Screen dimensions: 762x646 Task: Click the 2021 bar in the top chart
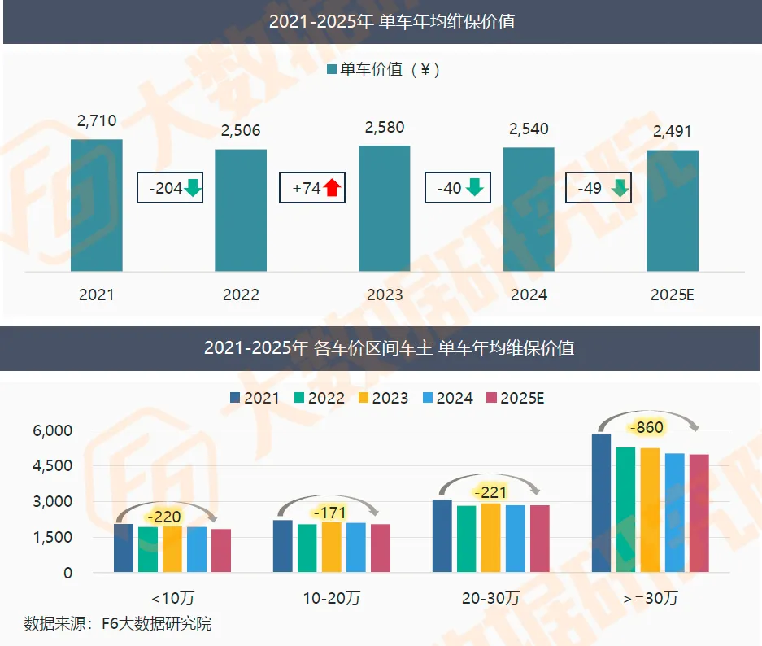tap(97, 205)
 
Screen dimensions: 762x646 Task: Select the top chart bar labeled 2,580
tap(385, 208)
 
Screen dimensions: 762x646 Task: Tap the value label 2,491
tap(672, 131)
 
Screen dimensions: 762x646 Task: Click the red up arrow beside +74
tap(333, 187)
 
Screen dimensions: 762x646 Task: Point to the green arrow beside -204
tap(193, 188)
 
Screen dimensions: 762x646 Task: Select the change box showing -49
tap(599, 188)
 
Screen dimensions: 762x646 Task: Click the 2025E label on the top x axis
tap(672, 295)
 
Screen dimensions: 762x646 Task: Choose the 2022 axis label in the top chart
tap(241, 295)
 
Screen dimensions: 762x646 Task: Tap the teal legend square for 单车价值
tap(332, 69)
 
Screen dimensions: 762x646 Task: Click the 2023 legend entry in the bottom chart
tap(383, 398)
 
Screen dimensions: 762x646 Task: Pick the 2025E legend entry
tap(515, 398)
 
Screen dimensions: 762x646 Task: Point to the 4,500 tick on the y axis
tap(53, 465)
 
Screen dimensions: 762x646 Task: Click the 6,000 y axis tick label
tap(53, 430)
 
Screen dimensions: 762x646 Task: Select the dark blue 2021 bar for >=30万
tap(601, 503)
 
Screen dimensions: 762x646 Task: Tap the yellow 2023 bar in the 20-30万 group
tap(491, 538)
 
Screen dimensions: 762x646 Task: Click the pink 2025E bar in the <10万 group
tap(221, 550)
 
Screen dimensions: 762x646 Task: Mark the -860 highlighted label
tap(647, 427)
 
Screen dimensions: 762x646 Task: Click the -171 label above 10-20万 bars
tap(329, 513)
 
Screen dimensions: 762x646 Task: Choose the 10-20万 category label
tap(332, 598)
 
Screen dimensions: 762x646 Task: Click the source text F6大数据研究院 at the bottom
tap(156, 624)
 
